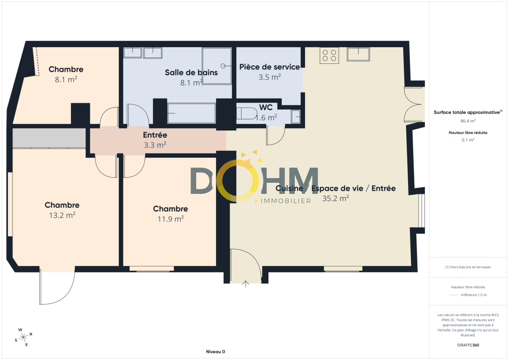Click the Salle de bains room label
pos(191,72)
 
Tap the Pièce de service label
pos(269,67)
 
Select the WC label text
pos(266,107)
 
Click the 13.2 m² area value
pos(62,215)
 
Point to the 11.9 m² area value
pos(170,219)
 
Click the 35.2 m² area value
pos(335,198)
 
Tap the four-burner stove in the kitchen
pos(329,55)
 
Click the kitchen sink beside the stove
pos(358,54)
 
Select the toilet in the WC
pos(247,113)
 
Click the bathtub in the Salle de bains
pos(192,113)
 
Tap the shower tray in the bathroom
pos(217,66)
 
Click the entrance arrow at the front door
pos(246,284)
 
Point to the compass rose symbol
pos(23,338)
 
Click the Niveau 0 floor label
pos(216,352)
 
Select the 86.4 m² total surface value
pos(468,121)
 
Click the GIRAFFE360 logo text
pos(468,345)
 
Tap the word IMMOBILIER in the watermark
pos(286,201)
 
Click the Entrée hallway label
pos(155,135)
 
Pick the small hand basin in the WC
pos(296,117)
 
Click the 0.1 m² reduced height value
pos(468,140)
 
